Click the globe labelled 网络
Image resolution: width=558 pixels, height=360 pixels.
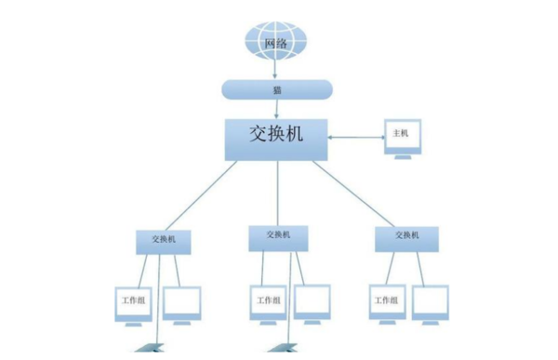pyautogui.click(x=275, y=42)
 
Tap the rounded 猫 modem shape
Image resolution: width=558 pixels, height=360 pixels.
pyautogui.click(x=276, y=89)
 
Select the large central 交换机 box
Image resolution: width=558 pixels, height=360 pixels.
pyautogui.click(x=276, y=137)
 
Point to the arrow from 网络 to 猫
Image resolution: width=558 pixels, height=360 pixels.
pyautogui.click(x=275, y=69)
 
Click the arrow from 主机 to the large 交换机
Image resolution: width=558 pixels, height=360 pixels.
pyautogui.click(x=356, y=138)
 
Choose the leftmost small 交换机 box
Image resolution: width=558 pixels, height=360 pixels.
pyautogui.click(x=164, y=240)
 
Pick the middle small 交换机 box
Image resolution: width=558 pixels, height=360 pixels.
pyautogui.click(x=277, y=237)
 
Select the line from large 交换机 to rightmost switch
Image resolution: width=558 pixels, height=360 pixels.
pyautogui.click(x=359, y=193)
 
